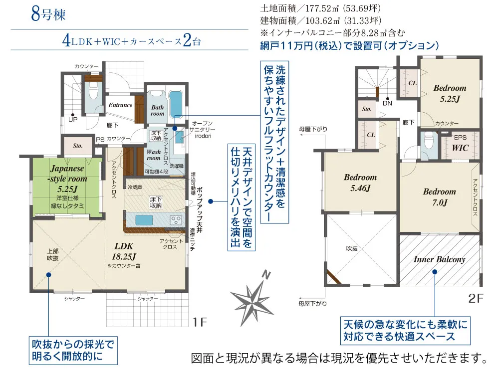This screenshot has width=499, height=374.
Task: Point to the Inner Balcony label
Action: point(439,259)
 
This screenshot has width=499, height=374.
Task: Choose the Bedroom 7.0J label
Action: point(439,197)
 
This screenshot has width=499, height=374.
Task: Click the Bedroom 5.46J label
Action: point(360,183)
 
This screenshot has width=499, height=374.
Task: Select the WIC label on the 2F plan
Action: point(460,149)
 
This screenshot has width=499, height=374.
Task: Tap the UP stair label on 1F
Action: point(73,120)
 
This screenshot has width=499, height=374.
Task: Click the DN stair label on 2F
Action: point(388,103)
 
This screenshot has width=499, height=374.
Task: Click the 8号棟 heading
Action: point(48,14)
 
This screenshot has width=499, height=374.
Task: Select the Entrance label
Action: point(120,105)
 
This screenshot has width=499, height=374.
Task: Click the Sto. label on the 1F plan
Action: point(77,146)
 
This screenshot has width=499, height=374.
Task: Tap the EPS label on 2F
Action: point(460,136)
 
